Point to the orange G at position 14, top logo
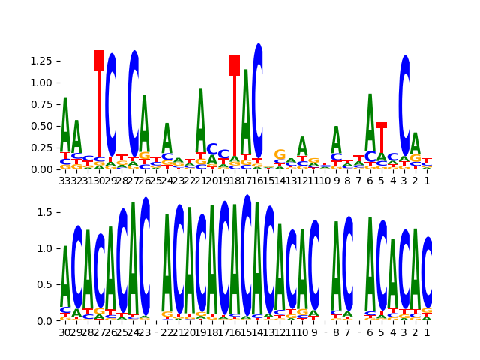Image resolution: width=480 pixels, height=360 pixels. pos(280,155)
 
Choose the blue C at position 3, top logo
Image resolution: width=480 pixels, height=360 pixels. pos(405,105)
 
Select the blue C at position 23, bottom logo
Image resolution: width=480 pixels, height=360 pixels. pos(145,255)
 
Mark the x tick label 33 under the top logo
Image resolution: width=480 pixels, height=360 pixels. pos(65,180)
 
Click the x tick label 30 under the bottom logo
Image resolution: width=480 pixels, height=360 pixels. pos(65,331)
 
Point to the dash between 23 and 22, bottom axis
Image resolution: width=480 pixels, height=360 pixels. pos(156,331)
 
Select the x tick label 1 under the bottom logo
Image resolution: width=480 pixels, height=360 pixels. pos(427,331)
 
